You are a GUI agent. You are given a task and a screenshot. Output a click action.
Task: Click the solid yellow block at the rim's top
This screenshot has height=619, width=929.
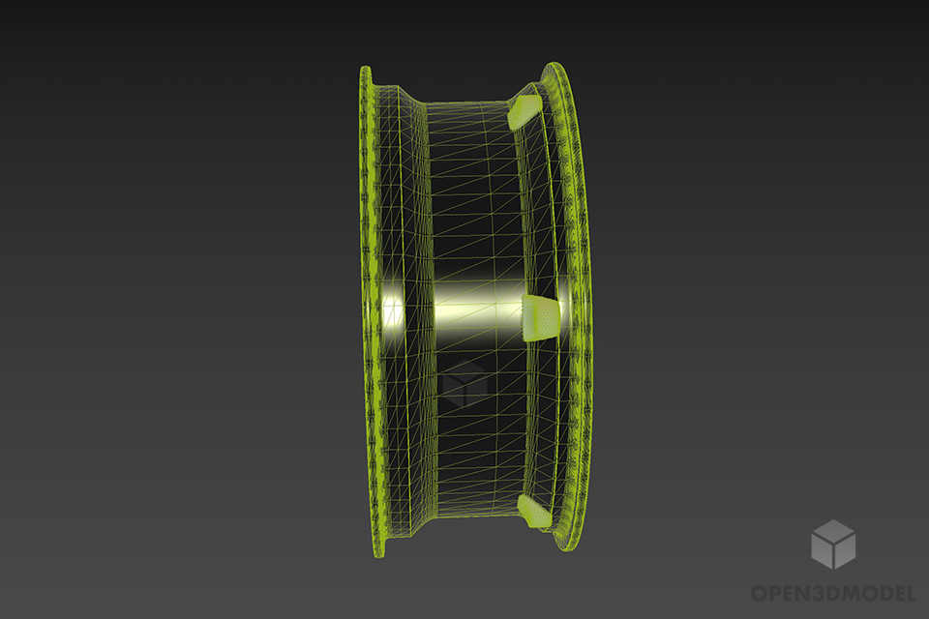coord(524,110)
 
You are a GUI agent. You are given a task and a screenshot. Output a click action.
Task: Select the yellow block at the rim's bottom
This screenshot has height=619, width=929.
coord(534,512)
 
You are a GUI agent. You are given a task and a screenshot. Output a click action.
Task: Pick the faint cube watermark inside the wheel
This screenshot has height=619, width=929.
coord(464,386)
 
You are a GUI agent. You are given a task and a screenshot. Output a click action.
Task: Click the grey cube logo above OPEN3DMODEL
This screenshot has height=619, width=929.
coord(833,544)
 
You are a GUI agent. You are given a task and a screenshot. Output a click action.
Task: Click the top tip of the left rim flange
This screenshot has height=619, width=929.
coord(366,69)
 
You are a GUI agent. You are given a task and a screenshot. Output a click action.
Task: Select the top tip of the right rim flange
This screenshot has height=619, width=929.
coord(555,65)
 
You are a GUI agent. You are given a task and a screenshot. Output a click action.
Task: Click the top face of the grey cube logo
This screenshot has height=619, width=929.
coord(833,530)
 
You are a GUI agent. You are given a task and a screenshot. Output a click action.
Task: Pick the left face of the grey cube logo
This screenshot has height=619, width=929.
coord(823,551)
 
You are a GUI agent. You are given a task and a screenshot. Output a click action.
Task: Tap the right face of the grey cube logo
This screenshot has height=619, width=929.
coord(845,551)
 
